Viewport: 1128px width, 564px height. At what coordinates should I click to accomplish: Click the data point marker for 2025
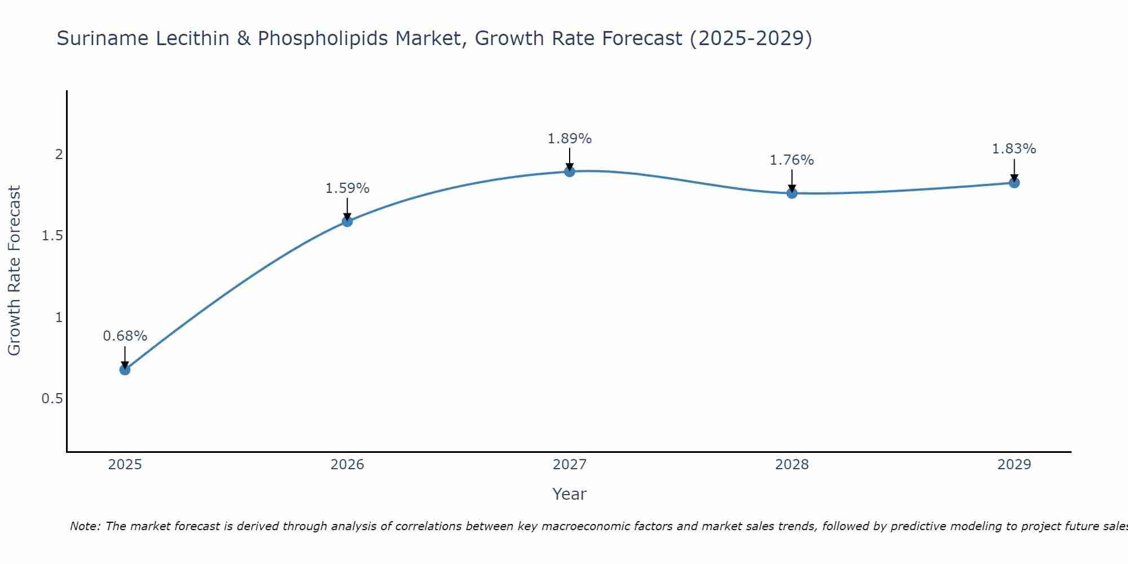pyautogui.click(x=125, y=369)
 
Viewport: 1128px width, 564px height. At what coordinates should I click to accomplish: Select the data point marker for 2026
pyautogui.click(x=347, y=221)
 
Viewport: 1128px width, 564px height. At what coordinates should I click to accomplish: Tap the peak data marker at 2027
pyautogui.click(x=570, y=171)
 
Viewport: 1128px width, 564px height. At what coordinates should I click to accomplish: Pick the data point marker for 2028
pyautogui.click(x=792, y=193)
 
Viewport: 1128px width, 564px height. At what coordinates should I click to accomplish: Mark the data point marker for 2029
pyautogui.click(x=1014, y=182)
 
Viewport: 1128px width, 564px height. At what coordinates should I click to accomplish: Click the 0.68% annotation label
pyautogui.click(x=125, y=336)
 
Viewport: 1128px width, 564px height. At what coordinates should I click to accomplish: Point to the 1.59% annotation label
pyautogui.click(x=347, y=188)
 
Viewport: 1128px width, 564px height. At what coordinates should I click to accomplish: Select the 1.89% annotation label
pyautogui.click(x=570, y=139)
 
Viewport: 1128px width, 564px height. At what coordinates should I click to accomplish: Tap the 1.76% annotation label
pyautogui.click(x=792, y=160)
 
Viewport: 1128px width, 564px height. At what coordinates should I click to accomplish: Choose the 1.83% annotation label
pyautogui.click(x=1014, y=149)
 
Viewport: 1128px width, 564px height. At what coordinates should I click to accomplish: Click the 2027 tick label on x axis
pyautogui.click(x=570, y=465)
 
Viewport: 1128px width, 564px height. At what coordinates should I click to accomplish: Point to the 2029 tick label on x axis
pyautogui.click(x=1014, y=465)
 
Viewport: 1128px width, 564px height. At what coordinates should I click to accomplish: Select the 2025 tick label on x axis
pyautogui.click(x=125, y=465)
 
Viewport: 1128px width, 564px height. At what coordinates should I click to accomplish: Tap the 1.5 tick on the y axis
pyautogui.click(x=52, y=236)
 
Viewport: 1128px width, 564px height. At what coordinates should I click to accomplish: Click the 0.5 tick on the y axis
pyautogui.click(x=52, y=399)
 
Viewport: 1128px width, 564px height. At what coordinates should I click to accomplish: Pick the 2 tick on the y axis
pyautogui.click(x=58, y=154)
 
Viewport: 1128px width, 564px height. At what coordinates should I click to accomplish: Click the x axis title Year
pyautogui.click(x=570, y=494)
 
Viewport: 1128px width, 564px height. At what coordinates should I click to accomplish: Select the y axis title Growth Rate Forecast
pyautogui.click(x=15, y=271)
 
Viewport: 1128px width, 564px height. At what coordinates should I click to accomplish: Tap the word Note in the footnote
pyautogui.click(x=85, y=526)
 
